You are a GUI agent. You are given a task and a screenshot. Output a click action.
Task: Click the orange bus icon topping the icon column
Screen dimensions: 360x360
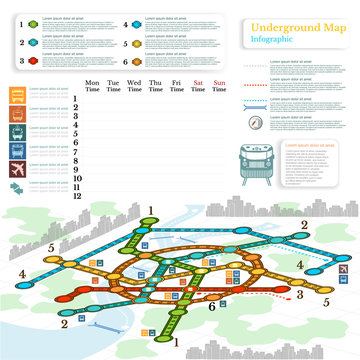(19, 97)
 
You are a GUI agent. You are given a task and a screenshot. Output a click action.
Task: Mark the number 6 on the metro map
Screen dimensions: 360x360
(212, 306)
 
